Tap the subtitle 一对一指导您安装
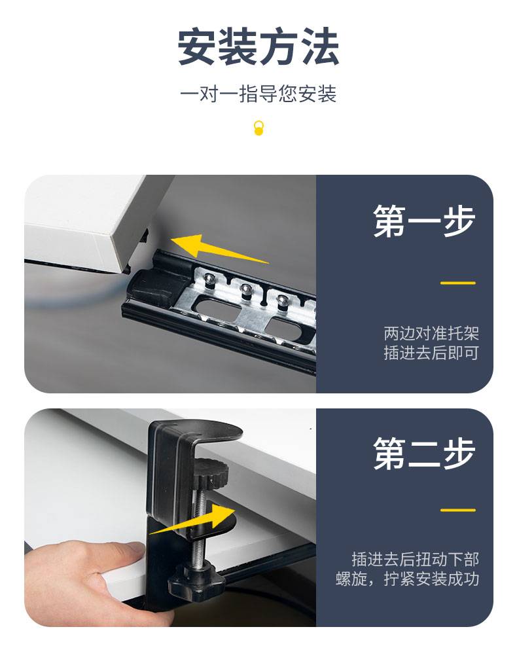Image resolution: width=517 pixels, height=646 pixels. point(258,94)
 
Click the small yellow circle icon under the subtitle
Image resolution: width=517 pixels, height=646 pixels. point(258,128)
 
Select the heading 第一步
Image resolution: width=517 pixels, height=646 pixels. point(424,221)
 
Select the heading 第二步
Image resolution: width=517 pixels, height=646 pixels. point(424,454)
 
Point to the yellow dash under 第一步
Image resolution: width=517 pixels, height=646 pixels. point(458,283)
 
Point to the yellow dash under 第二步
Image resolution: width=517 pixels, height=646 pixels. point(458,510)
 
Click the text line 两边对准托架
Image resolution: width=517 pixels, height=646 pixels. point(431,333)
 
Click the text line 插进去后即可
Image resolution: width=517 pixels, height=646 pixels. point(431,353)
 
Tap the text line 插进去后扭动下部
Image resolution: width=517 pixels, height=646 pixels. point(416,559)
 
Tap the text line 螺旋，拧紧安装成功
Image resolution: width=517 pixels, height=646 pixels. point(408,579)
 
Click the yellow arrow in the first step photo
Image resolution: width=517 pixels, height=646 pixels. point(220,249)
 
